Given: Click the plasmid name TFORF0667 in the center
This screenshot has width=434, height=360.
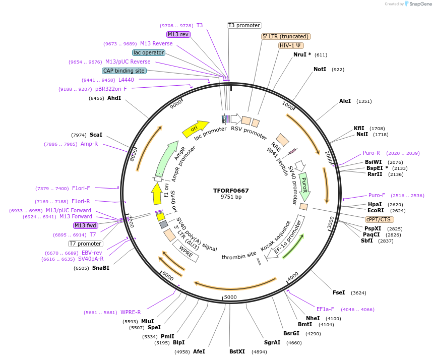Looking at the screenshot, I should click(231, 191).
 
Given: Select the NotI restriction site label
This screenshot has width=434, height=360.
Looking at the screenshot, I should click(320, 69).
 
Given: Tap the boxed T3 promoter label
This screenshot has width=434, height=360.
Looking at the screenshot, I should click(244, 25).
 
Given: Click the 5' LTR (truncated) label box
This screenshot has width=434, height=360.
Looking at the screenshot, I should click(286, 36).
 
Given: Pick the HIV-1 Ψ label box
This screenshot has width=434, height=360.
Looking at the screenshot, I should click(291, 45).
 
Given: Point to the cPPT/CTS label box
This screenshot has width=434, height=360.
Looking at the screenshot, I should click(380, 219).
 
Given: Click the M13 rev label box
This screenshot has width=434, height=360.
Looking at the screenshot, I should click(178, 34).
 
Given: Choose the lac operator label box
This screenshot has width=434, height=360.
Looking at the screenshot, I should click(149, 52).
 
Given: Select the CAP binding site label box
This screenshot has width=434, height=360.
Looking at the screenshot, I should click(124, 71).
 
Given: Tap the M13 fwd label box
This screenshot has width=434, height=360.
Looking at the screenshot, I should click(85, 225).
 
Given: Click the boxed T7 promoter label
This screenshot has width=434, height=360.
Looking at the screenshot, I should click(86, 244).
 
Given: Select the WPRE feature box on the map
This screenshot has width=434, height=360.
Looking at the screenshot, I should click(186, 251).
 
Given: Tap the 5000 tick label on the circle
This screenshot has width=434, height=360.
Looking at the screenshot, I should click(230, 297).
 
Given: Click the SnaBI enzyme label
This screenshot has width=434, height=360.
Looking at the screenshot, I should click(100, 268).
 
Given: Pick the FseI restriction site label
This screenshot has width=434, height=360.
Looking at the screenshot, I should click(339, 292).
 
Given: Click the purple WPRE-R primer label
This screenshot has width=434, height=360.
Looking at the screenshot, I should click(131, 312).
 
